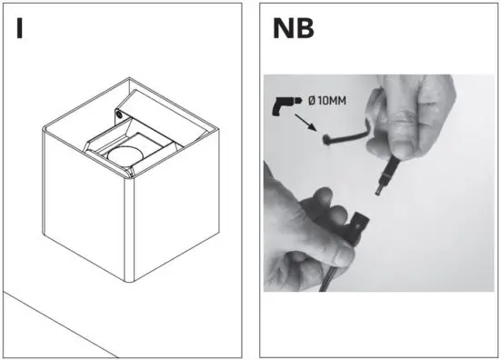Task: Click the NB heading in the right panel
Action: [x=294, y=28]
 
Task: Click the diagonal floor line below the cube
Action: [x=55, y=323]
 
